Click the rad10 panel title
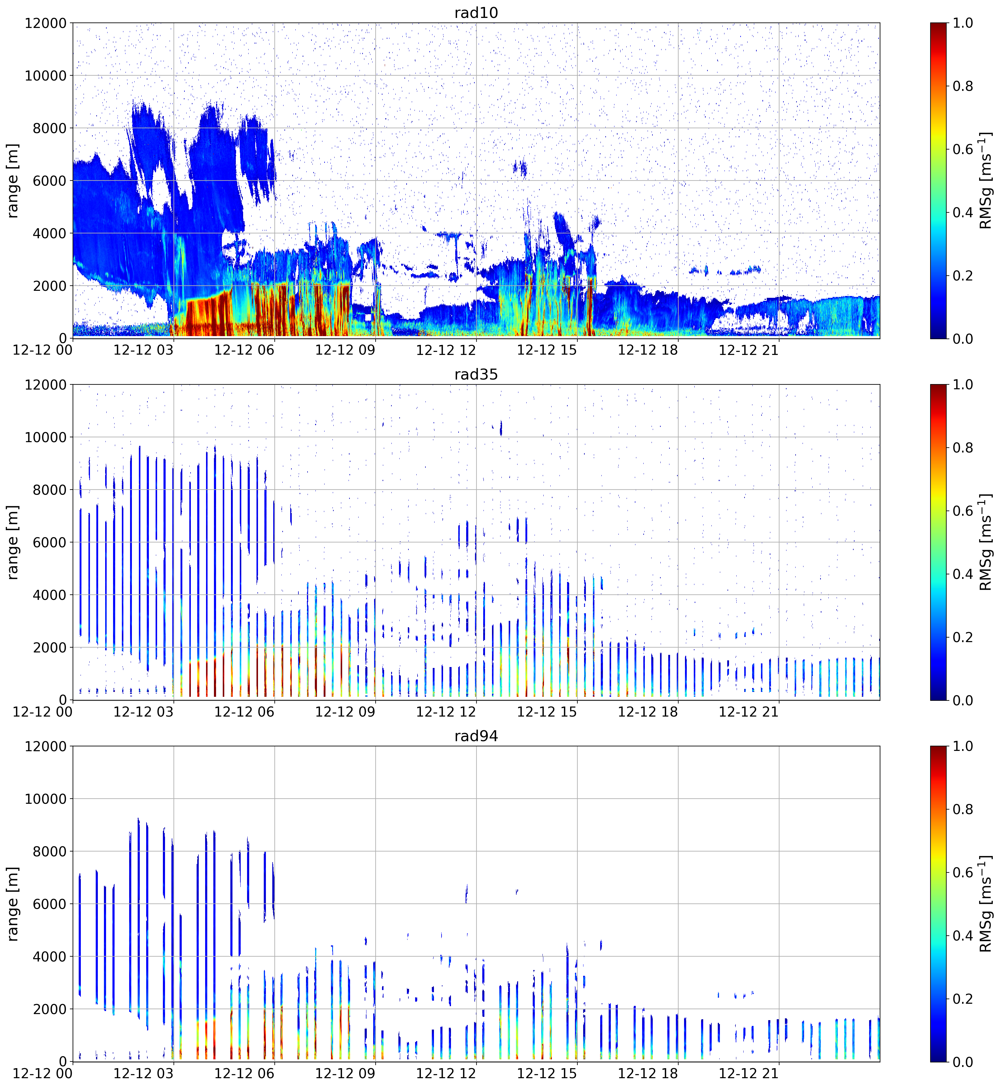(x=476, y=12)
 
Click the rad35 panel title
(x=476, y=374)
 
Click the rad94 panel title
(x=476, y=736)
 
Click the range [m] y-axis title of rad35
(x=13, y=542)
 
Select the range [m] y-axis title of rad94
(x=13, y=904)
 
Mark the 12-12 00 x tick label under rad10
(x=43, y=350)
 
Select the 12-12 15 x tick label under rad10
(x=547, y=350)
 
